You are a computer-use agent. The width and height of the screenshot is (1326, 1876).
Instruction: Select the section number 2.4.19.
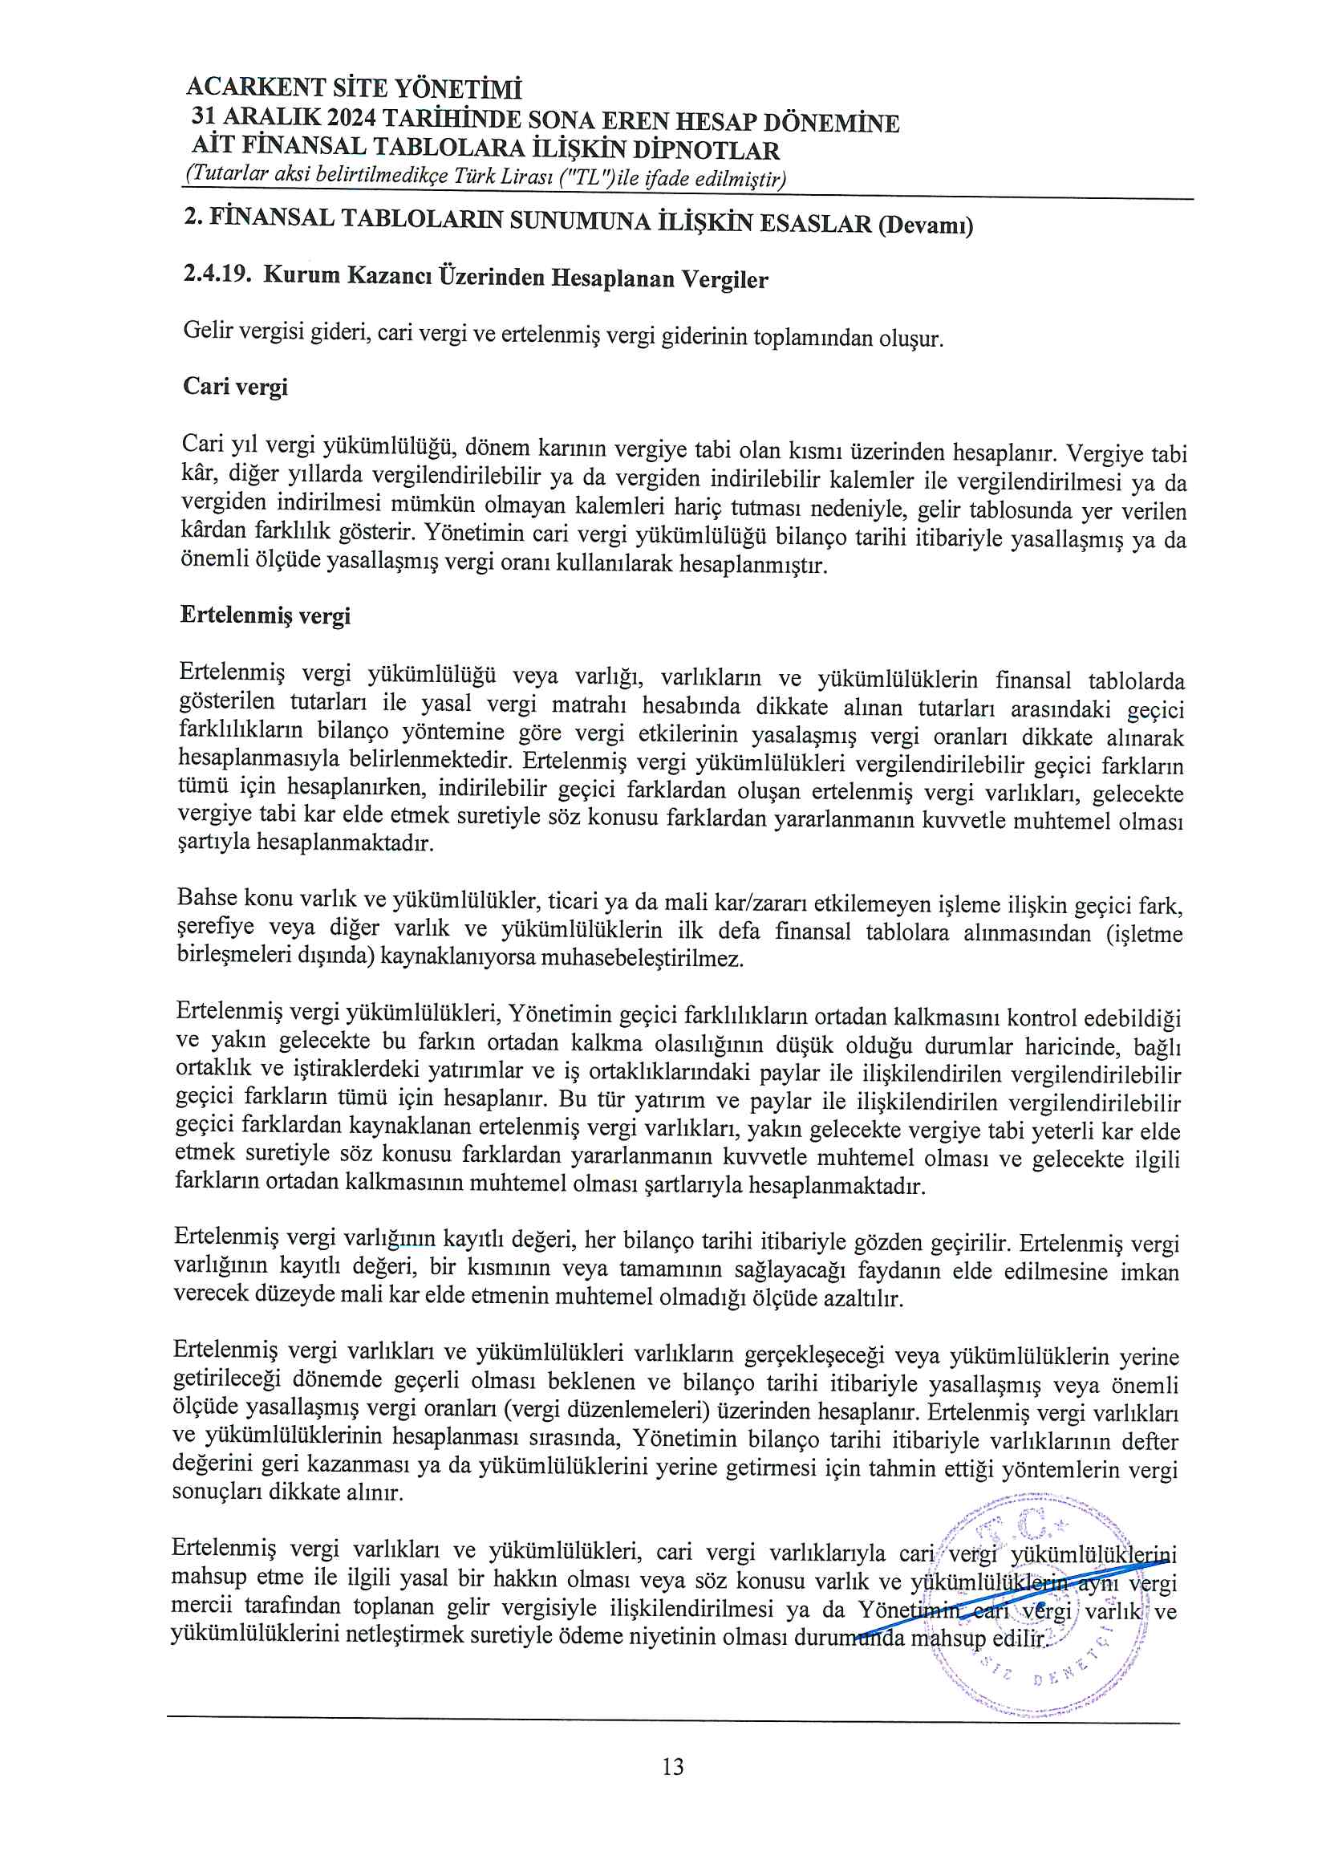pyautogui.click(x=216, y=273)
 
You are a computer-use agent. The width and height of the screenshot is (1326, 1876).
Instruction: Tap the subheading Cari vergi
pyautogui.click(x=235, y=386)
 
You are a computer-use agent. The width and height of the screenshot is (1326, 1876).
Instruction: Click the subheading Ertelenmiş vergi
pyautogui.click(x=265, y=615)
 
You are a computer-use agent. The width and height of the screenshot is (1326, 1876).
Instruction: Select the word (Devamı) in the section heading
pyautogui.click(x=926, y=225)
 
